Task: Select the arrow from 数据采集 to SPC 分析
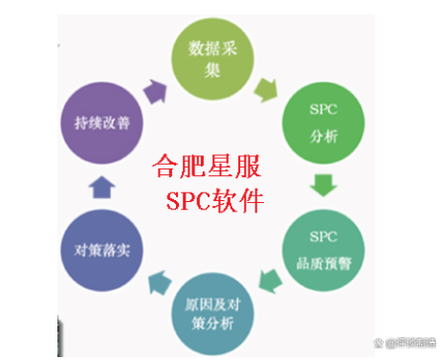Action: [265, 87]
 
